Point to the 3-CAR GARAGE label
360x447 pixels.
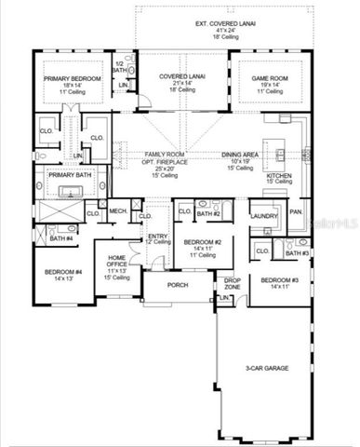point(266,369)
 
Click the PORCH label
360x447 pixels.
point(178,285)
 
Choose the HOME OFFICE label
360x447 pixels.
point(117,261)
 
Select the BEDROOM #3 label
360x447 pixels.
point(279,280)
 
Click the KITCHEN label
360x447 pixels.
point(280,175)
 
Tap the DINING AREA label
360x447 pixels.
point(240,155)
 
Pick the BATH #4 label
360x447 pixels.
point(61,239)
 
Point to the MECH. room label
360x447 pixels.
point(118,211)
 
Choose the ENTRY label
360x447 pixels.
point(157,237)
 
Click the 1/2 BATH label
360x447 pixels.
point(119,67)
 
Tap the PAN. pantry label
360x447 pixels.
point(296,212)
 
